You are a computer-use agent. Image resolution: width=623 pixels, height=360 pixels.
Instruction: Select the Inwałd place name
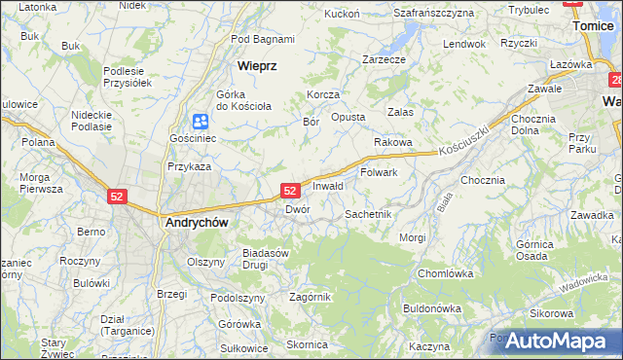point(327,186)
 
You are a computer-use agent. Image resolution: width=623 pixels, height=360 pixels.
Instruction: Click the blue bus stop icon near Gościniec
point(200,122)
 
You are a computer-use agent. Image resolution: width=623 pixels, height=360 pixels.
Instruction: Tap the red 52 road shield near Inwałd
point(289,191)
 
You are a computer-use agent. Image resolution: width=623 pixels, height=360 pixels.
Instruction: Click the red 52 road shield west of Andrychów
point(117,196)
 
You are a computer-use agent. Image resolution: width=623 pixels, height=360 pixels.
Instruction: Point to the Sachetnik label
point(368,213)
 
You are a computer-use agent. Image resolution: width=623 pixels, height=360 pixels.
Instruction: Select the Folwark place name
point(380,172)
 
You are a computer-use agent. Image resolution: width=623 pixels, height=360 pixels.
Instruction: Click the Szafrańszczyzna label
point(433,13)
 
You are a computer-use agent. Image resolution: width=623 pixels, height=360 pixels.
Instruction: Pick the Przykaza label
point(189,166)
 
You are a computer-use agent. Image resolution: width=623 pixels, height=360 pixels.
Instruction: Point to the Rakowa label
point(393,142)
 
